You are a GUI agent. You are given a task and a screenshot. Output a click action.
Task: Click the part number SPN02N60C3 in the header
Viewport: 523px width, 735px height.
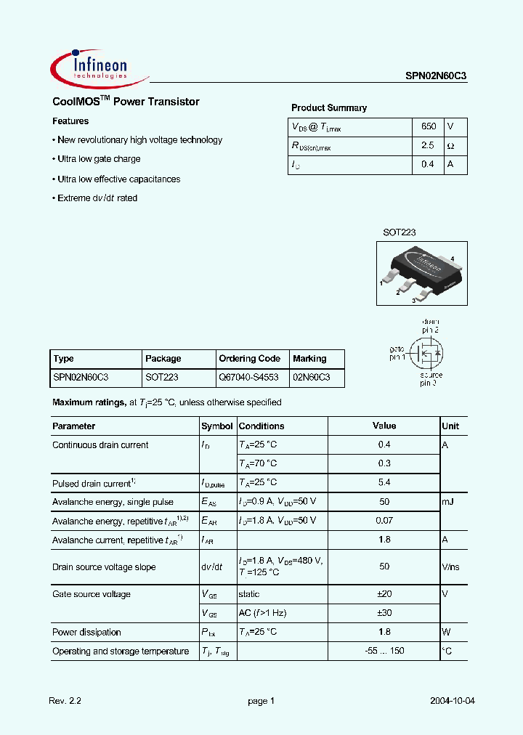436,75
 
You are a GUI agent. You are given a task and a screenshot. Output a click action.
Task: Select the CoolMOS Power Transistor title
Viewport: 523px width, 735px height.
126,102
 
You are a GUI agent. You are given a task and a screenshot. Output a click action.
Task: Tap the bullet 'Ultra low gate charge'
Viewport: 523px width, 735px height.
99,159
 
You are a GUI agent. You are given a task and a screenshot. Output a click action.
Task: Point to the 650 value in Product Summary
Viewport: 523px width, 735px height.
429,126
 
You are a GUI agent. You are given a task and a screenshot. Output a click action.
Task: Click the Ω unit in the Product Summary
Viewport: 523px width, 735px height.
450,145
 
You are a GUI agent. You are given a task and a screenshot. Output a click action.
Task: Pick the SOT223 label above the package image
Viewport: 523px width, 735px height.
400,232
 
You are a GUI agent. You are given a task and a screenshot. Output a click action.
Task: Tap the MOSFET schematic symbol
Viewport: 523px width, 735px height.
429,354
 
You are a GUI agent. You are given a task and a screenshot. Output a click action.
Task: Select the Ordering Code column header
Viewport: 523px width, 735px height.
249,359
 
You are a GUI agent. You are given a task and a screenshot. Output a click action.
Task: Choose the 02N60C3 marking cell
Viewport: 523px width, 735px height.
311,378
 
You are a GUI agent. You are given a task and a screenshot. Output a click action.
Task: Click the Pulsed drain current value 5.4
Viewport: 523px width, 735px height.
384,482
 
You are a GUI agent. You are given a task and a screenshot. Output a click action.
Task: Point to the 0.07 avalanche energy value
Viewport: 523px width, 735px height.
384,521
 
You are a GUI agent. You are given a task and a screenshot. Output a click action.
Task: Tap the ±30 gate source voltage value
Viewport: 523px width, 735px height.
384,613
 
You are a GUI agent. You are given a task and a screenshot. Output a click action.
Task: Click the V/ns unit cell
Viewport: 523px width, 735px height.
451,567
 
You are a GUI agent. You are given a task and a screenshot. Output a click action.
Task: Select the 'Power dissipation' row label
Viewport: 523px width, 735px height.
86,633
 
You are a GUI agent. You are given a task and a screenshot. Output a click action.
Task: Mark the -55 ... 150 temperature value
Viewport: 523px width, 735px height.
384,651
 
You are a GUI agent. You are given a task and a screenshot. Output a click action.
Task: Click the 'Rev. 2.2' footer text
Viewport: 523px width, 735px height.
65,701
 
